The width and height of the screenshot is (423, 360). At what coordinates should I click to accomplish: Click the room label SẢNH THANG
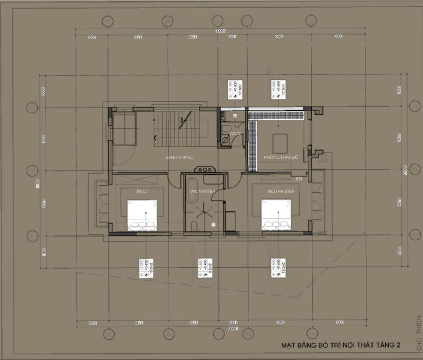[x=179, y=157]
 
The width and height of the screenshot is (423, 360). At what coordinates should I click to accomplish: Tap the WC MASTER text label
[x=203, y=191]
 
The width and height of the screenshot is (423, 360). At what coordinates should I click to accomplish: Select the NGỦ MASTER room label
[x=281, y=191]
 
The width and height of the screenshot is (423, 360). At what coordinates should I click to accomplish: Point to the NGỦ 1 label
[x=144, y=191]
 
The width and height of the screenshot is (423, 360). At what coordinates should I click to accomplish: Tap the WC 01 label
[x=235, y=134]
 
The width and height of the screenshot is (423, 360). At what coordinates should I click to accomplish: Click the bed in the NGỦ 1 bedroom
[x=142, y=215]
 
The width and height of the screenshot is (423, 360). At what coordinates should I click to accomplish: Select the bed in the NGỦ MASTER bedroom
[x=276, y=215]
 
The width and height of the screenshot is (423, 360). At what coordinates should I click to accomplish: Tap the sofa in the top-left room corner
[x=124, y=128]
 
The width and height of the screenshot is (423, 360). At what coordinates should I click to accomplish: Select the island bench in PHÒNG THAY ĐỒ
[x=280, y=143]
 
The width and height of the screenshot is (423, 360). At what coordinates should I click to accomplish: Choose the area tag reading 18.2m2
[x=279, y=269]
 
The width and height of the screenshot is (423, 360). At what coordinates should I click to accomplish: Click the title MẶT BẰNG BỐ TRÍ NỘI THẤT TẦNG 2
[x=341, y=346]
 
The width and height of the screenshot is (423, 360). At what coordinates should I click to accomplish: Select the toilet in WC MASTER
[x=194, y=225]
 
